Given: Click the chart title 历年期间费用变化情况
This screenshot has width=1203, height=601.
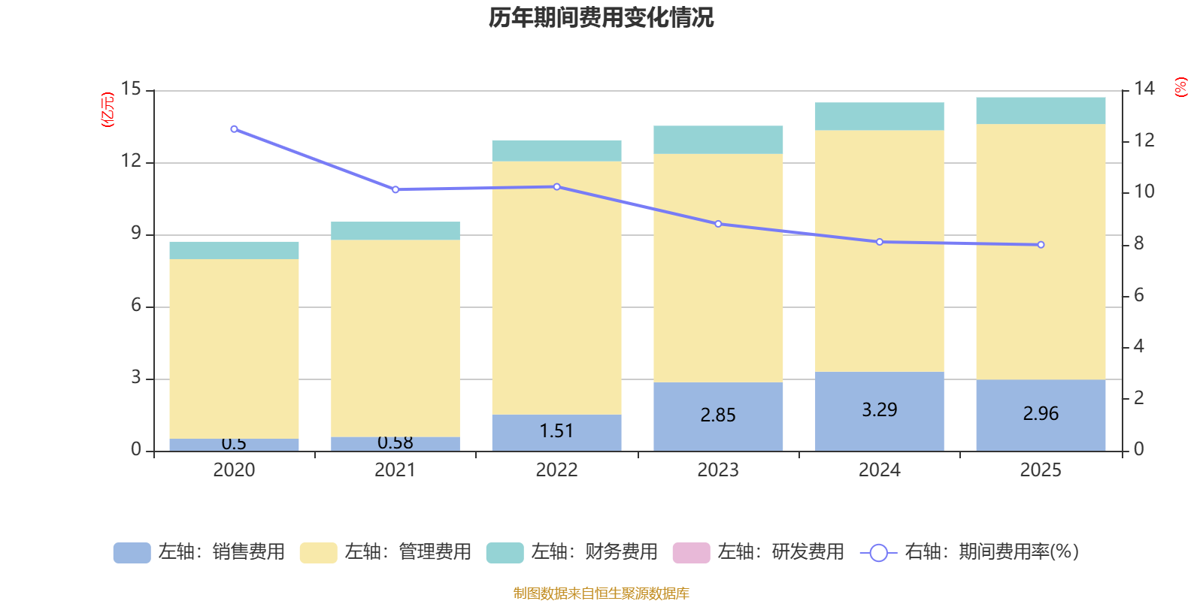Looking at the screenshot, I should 601,17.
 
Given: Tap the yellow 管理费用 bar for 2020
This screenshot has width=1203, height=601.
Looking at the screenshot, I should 234,349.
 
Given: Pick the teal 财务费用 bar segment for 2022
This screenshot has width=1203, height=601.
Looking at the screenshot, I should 556,151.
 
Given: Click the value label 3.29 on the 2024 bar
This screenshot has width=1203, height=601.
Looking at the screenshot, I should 879,410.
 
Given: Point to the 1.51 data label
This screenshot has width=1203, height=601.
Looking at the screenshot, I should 556,431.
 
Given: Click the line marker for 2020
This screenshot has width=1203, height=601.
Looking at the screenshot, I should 234,129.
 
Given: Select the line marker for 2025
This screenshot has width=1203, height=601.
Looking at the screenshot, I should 1041,245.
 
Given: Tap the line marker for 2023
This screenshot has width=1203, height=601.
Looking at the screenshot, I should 718,224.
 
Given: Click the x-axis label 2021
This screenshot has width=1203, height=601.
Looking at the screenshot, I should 395,470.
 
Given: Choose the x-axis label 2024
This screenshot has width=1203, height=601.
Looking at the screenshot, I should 879,470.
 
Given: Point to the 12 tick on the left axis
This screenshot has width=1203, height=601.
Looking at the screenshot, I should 131,162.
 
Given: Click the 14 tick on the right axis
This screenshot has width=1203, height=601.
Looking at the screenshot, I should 1144,89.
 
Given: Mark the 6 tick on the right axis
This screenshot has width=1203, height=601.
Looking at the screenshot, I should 1139,295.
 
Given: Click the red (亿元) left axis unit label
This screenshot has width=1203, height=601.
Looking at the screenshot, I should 108,110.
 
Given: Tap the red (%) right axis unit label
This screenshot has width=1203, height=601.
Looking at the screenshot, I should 1181,87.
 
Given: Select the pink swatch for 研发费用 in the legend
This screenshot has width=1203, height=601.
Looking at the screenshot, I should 691,553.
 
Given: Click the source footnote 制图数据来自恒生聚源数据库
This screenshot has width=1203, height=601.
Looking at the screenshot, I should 601,593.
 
